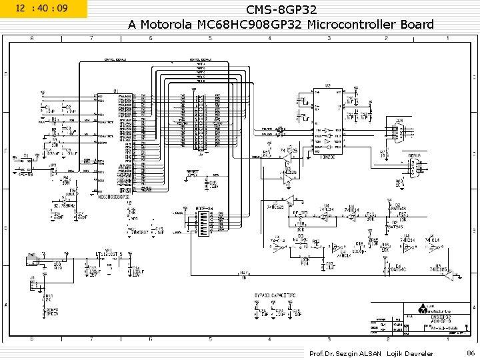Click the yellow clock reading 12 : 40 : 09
(x=43, y=9)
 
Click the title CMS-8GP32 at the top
(x=281, y=10)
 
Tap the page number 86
(x=470, y=353)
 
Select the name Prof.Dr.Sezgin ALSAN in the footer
(x=345, y=353)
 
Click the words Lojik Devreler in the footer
(x=410, y=353)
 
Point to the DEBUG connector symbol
(x=415, y=164)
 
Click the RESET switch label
(x=192, y=172)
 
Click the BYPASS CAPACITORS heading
(x=275, y=295)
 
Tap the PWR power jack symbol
(x=32, y=258)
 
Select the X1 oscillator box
(x=27, y=163)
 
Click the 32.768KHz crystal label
(x=64, y=206)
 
